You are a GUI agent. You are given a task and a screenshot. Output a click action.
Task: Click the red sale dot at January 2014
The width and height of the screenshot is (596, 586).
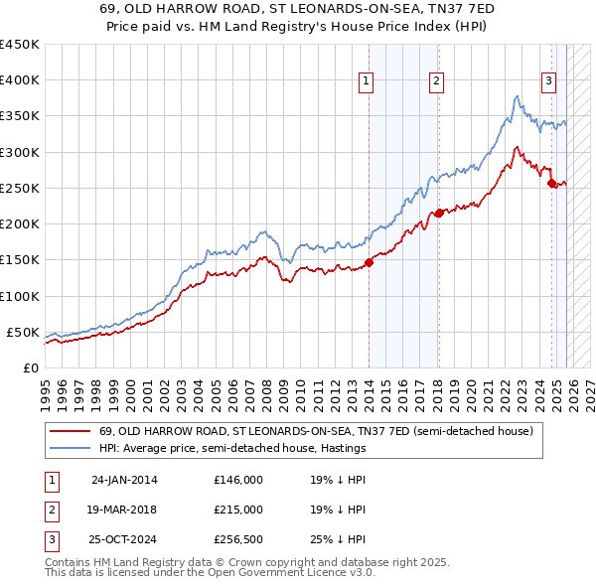click(369, 262)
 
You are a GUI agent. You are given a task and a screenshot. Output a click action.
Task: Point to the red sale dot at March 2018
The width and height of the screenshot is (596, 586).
click(438, 213)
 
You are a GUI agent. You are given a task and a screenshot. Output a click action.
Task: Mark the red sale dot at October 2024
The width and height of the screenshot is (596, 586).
click(551, 183)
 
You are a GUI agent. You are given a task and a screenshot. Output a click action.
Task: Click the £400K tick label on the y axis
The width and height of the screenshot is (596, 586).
click(20, 80)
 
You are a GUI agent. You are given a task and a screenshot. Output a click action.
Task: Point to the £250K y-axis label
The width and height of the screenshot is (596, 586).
click(20, 188)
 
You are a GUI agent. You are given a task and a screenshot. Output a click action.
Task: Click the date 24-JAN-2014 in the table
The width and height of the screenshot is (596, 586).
click(124, 480)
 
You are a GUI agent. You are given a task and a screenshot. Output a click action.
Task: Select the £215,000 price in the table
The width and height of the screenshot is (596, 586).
click(237, 510)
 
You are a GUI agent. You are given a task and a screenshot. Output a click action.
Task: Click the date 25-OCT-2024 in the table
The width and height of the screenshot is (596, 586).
click(124, 539)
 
